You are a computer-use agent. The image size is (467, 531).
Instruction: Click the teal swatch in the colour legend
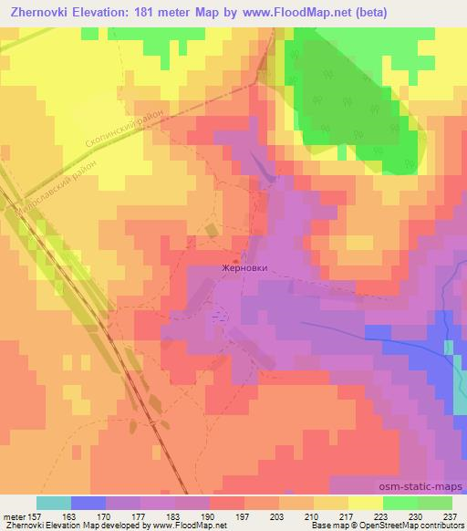[54, 503]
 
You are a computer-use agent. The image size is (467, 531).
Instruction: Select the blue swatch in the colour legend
[88, 503]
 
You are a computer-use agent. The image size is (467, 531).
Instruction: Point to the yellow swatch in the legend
[365, 503]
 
